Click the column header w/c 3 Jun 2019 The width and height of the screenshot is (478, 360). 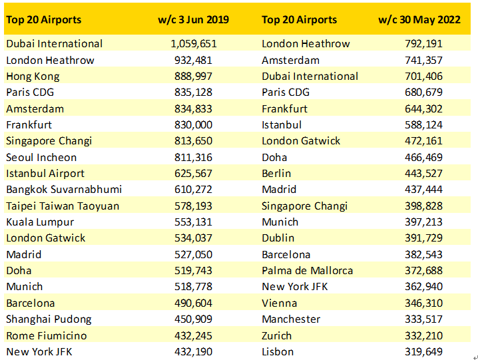193,20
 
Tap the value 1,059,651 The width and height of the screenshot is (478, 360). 194,44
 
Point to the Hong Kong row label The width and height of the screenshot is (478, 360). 31,77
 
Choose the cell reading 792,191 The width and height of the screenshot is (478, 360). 423,44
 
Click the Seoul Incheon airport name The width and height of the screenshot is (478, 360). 41,158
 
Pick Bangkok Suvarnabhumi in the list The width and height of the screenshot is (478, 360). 64,190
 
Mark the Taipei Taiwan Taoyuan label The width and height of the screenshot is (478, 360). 63,206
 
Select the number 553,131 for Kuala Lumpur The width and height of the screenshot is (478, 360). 197,222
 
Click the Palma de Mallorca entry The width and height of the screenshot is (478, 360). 308,271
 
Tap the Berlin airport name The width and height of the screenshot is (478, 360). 276,174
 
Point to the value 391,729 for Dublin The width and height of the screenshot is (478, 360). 423,238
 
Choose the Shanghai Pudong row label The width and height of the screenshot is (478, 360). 49,319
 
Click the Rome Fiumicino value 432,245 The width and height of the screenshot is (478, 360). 197,335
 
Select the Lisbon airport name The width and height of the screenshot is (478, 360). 278,352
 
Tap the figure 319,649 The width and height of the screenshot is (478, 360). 423,352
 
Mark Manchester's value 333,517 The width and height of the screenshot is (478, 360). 423,319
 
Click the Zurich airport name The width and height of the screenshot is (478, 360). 277,335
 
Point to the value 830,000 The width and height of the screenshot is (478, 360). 197,125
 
